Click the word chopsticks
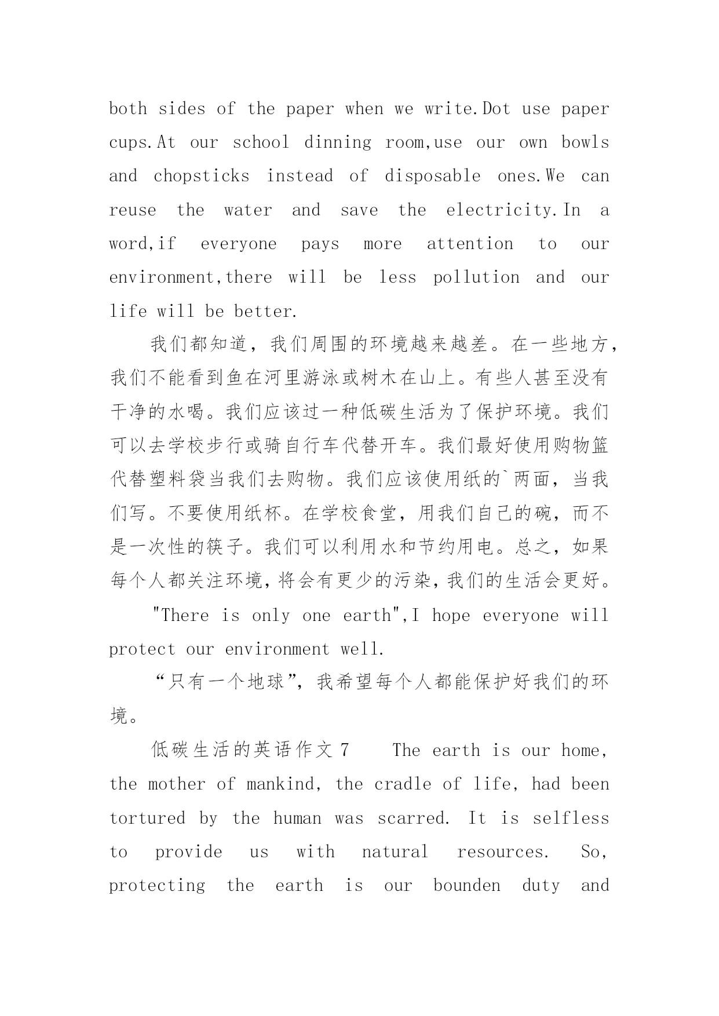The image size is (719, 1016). (201, 176)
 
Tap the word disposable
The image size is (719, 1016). (432, 176)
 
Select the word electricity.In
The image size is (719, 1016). (513, 210)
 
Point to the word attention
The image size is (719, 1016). (470, 244)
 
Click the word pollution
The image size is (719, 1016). (476, 277)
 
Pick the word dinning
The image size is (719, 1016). (338, 142)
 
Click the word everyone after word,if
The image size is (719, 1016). (239, 244)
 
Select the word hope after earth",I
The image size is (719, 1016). (451, 615)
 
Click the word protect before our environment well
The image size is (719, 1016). (142, 649)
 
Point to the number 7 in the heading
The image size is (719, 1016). (345, 750)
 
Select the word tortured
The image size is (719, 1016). (147, 818)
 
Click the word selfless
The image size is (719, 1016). (571, 818)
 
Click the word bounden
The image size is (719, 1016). (466, 886)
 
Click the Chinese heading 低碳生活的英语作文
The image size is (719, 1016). (242, 750)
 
